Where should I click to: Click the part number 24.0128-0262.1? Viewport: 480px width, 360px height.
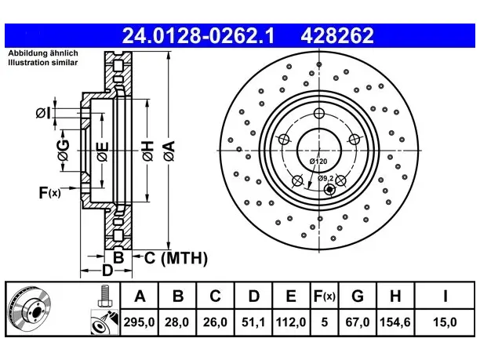(x=198, y=35)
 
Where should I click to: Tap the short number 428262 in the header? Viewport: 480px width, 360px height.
(x=337, y=35)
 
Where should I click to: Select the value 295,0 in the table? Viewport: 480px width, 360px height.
(x=140, y=322)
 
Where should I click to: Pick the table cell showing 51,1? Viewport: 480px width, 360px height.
(x=253, y=322)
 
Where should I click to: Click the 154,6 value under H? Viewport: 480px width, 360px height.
(x=395, y=322)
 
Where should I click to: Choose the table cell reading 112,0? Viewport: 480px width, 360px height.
(x=291, y=322)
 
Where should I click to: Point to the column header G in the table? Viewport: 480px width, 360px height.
(x=357, y=296)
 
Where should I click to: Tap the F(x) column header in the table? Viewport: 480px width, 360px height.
(x=325, y=296)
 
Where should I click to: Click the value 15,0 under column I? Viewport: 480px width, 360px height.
(x=445, y=322)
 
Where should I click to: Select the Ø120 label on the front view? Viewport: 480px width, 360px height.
(x=318, y=162)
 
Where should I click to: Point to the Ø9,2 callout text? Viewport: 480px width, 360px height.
(x=325, y=178)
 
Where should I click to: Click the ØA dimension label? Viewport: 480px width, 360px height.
(x=169, y=151)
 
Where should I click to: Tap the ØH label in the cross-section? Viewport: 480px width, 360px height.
(x=147, y=151)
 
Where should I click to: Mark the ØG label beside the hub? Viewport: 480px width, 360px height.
(x=64, y=150)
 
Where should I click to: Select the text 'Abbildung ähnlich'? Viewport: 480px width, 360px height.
(x=43, y=53)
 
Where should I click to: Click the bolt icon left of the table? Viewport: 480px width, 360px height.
(x=105, y=296)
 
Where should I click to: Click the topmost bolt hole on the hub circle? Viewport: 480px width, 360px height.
(x=319, y=114)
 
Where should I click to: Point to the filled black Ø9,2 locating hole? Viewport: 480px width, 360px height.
(x=329, y=190)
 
